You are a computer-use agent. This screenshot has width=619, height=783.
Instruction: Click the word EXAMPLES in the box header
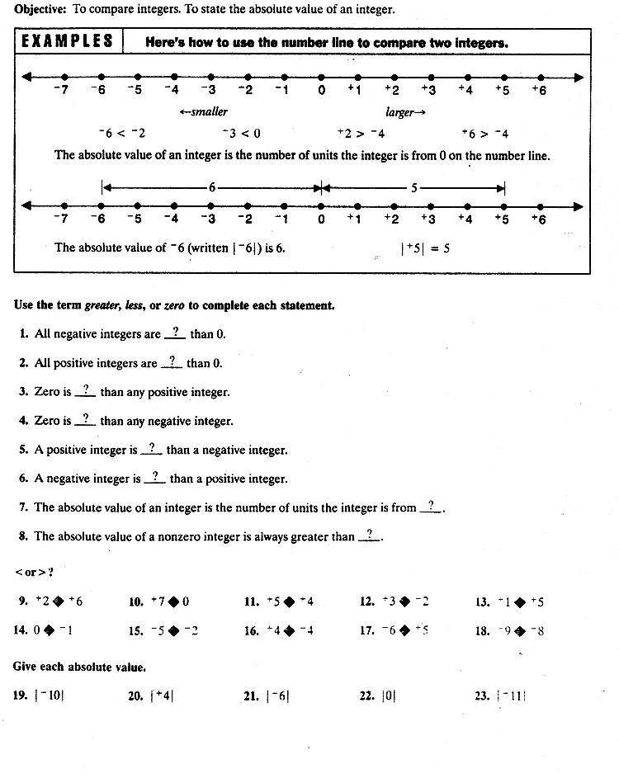pyautogui.click(x=68, y=42)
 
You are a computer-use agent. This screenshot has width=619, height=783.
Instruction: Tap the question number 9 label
pyautogui.click(x=22, y=601)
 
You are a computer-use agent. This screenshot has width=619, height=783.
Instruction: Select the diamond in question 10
pyautogui.click(x=173, y=601)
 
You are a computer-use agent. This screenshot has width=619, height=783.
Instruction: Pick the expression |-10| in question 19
pyautogui.click(x=50, y=696)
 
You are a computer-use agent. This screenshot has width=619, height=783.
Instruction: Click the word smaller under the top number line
pyautogui.click(x=204, y=111)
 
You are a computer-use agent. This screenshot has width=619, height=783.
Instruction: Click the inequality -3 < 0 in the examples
pyautogui.click(x=241, y=134)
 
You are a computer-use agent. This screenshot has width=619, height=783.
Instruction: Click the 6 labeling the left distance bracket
pyautogui.click(x=211, y=187)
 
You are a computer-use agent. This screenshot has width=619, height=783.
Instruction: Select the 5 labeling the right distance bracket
pyautogui.click(x=414, y=187)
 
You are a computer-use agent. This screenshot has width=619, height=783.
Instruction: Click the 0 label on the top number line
pyautogui.click(x=321, y=90)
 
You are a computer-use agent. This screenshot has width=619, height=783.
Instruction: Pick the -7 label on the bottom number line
pyautogui.click(x=60, y=219)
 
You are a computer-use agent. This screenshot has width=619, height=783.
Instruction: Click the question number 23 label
pyautogui.click(x=482, y=696)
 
